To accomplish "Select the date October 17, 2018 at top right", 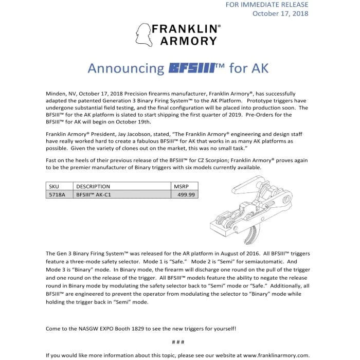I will coord(280,14).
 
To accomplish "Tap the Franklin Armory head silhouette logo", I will coord(142,34).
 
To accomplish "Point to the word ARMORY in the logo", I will coord(186,41).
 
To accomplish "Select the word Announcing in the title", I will coord(126,69).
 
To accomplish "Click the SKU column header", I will coord(53,186).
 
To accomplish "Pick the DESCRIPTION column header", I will coord(93,186).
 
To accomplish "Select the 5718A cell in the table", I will coord(55,194).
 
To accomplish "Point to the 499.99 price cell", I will coord(186,194).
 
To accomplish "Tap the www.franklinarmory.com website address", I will coord(276,355).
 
